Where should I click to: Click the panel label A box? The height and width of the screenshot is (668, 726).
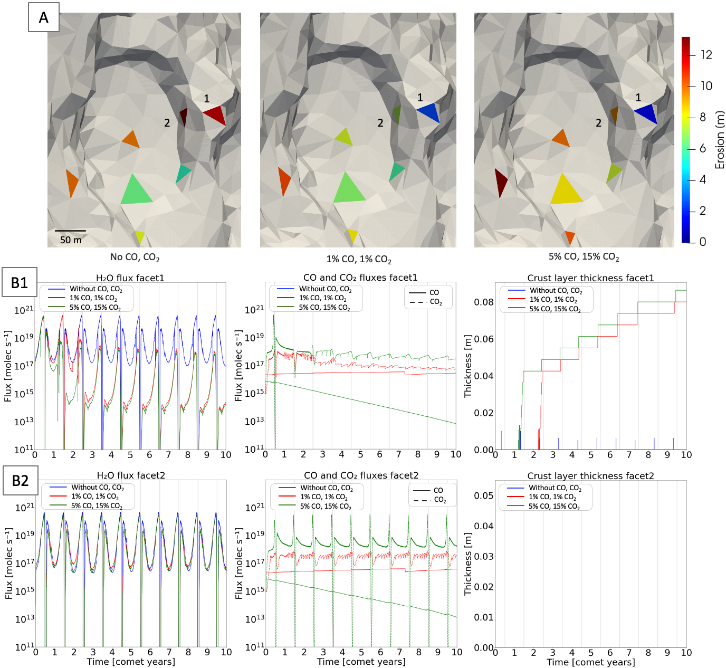43,17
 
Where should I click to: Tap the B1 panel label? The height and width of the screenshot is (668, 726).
20,283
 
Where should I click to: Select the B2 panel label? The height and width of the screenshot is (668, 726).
20,481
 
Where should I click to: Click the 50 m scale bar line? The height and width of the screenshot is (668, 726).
70,231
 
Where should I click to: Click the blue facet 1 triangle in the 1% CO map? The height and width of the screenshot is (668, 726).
429,112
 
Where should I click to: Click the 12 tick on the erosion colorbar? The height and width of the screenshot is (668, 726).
706,55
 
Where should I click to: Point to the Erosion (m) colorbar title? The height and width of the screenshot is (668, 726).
720,140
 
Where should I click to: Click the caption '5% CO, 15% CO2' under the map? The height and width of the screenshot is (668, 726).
584,257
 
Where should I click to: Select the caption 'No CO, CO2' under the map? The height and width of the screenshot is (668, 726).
135,257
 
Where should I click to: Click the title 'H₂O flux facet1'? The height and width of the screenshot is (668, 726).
130,278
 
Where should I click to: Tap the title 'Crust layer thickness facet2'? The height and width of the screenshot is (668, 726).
590,476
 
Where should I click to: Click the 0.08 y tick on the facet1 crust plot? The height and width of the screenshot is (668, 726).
483,302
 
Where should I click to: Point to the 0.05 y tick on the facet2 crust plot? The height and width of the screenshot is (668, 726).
483,495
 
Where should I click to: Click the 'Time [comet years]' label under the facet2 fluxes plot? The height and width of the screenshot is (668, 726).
361,662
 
